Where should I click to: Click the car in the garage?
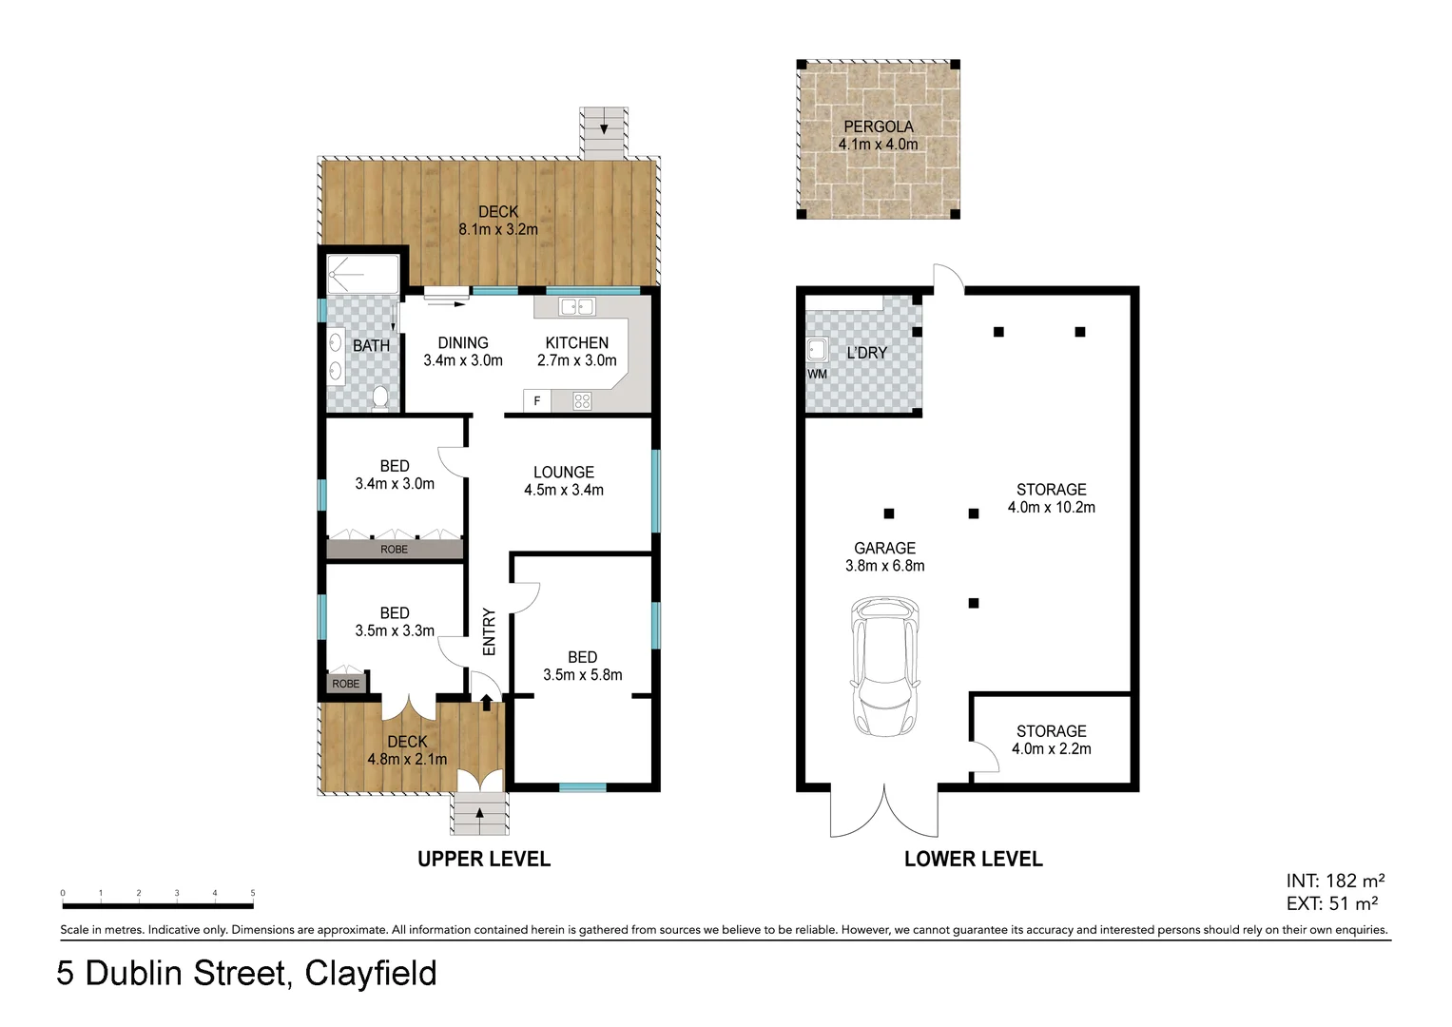pos(886,668)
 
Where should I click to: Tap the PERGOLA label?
pos(878,126)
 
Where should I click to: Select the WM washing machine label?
pos(817,375)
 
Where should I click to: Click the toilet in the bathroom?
pos(380,397)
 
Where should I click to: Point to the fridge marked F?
pos(537,401)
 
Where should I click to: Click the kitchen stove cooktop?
pos(582,401)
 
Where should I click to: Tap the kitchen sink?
pos(577,307)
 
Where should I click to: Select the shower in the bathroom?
pos(362,274)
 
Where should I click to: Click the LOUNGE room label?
pos(563,473)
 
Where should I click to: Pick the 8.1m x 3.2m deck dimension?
pos(498,229)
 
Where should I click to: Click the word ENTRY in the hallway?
pos(490,631)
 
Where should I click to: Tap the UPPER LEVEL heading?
pos(484,860)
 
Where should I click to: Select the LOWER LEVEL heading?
pos(973,860)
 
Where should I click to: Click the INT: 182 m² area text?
pos(1335,881)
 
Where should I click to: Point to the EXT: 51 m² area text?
pos(1332,903)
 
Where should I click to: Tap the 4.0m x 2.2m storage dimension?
pos(1051,749)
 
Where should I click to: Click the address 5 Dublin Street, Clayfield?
pos(247,974)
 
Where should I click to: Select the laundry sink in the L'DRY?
pos(816,350)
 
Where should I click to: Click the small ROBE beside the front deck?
pos(346,684)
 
